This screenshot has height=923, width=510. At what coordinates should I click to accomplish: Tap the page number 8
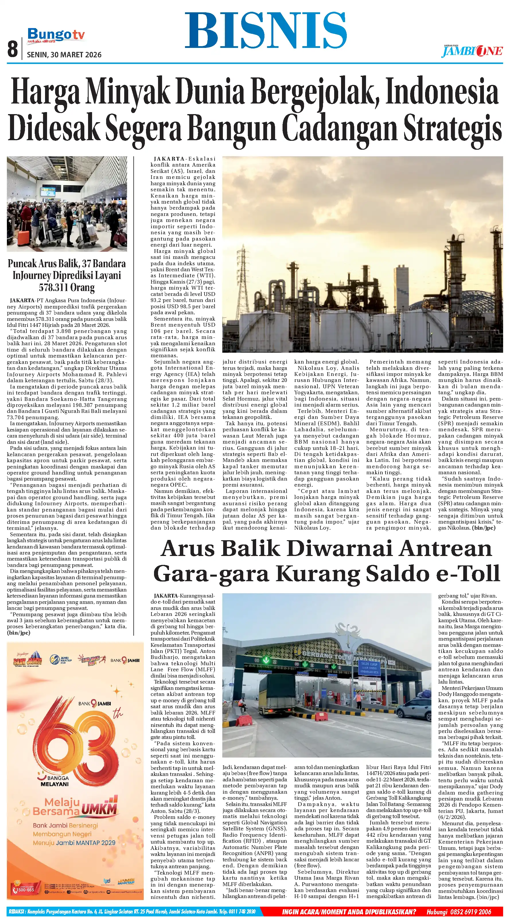coord(13,49)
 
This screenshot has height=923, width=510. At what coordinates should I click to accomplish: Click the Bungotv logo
coord(56,35)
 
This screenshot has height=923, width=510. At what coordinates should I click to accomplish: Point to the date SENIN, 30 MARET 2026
coord(64,55)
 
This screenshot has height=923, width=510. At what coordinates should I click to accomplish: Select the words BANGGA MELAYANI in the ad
coord(54,781)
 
